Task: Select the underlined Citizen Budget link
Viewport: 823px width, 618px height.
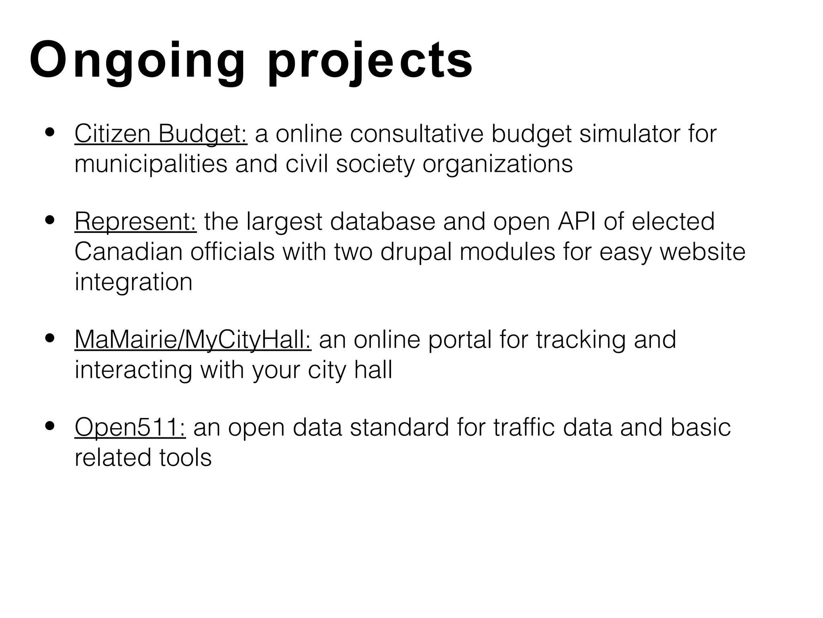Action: pos(161,134)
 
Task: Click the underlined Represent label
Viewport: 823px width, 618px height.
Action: pos(135,222)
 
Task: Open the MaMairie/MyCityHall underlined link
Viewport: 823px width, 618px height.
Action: pos(193,340)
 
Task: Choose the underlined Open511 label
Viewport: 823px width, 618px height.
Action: pos(130,427)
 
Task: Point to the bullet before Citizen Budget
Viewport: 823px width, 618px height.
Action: pos(50,133)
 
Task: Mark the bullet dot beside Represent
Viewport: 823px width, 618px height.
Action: pos(50,220)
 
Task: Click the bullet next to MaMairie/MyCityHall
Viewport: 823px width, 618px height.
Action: pos(50,338)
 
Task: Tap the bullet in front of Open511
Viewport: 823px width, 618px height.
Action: pos(50,426)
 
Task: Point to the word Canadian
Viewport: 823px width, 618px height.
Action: pos(129,252)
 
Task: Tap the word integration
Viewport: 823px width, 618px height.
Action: pos(133,282)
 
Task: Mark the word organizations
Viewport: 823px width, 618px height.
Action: pos(497,164)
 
